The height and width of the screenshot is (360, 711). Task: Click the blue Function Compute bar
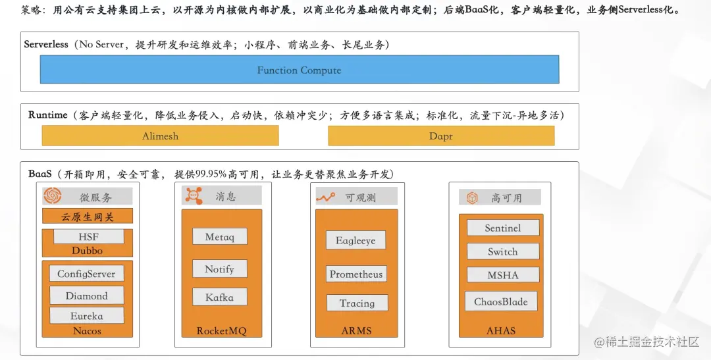click(300, 70)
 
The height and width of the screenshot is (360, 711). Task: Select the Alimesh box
click(160, 136)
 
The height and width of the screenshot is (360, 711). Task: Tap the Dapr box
click(441, 136)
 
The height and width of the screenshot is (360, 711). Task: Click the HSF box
click(88, 237)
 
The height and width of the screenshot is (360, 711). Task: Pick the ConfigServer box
click(86, 274)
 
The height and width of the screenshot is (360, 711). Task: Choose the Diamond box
click(86, 296)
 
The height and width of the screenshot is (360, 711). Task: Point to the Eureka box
click(86, 316)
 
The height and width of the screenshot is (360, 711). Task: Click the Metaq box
click(219, 237)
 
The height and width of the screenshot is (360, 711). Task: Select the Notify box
click(219, 269)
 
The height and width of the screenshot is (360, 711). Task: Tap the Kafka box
click(219, 297)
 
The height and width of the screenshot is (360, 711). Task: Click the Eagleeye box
click(355, 240)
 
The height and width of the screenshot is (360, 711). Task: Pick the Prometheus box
click(356, 274)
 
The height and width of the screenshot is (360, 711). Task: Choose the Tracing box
click(357, 303)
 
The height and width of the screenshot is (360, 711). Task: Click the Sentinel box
click(502, 228)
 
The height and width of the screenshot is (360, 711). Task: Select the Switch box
click(502, 251)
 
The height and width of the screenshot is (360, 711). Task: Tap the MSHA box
click(502, 275)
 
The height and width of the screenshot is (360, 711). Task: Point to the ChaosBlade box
click(500, 301)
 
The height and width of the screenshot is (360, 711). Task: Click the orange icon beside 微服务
click(53, 196)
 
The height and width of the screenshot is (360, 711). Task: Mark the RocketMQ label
click(221, 330)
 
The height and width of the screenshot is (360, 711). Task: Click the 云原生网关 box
click(88, 217)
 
